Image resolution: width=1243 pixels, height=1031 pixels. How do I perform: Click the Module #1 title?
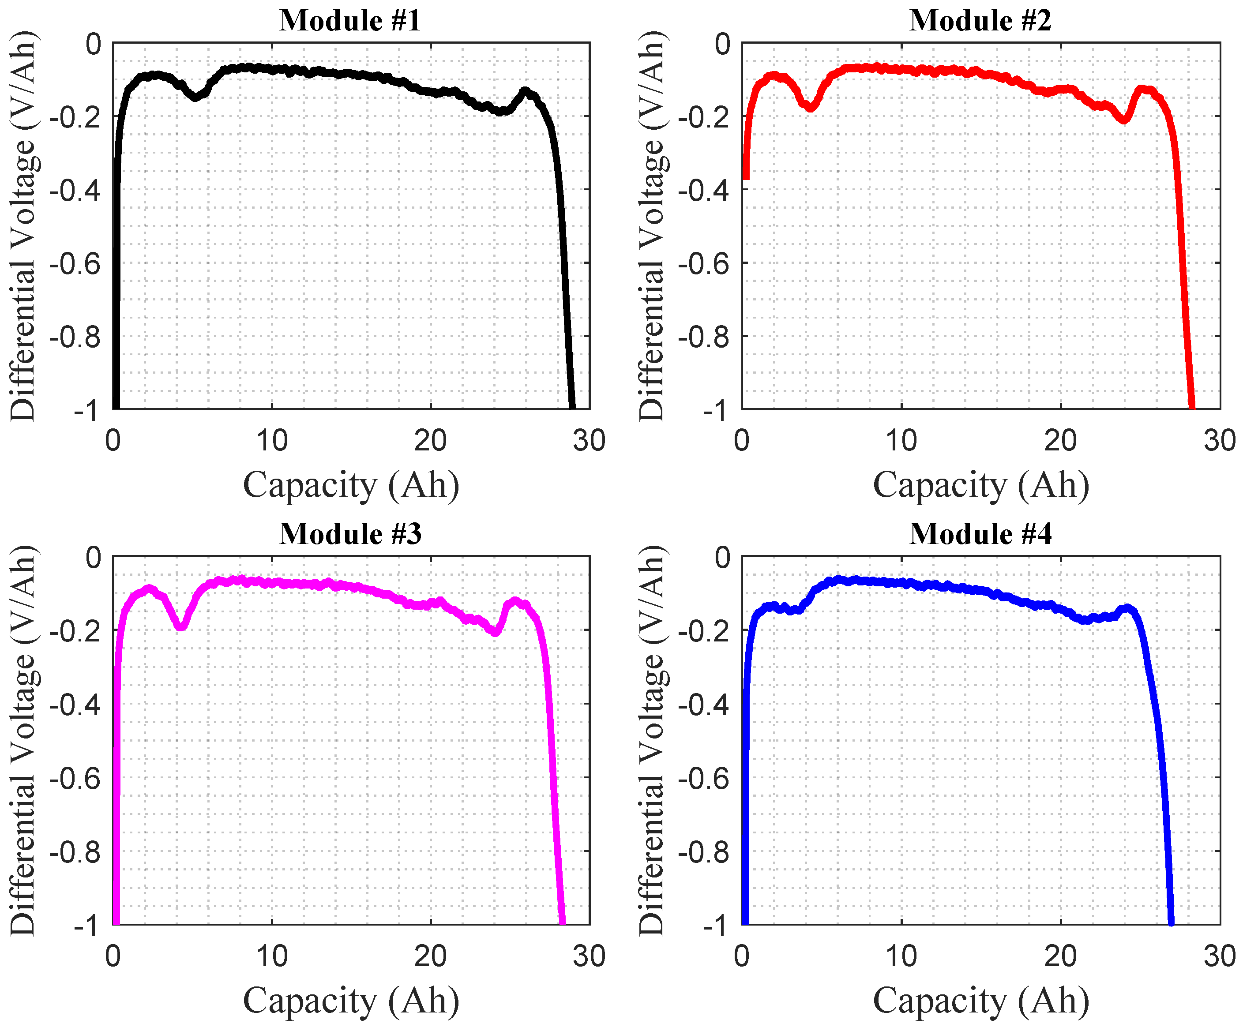(350, 21)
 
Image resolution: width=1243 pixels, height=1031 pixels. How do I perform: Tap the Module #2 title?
(980, 21)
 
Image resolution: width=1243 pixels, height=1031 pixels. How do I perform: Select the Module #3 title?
(350, 534)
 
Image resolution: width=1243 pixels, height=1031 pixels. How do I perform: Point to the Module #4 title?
(980, 534)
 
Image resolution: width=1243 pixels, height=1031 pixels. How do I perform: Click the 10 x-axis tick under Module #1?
(272, 441)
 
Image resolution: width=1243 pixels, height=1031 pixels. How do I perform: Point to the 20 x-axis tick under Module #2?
(1060, 441)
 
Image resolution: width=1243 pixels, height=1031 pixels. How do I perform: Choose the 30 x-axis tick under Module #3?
(589, 956)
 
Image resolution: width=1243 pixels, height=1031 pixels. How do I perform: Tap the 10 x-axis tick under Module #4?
(901, 956)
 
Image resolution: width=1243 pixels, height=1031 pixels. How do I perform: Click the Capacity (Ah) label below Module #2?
(981, 485)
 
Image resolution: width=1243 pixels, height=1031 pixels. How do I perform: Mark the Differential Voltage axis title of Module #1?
(24, 226)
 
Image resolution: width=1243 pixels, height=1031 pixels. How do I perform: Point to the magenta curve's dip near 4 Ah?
(181, 626)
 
